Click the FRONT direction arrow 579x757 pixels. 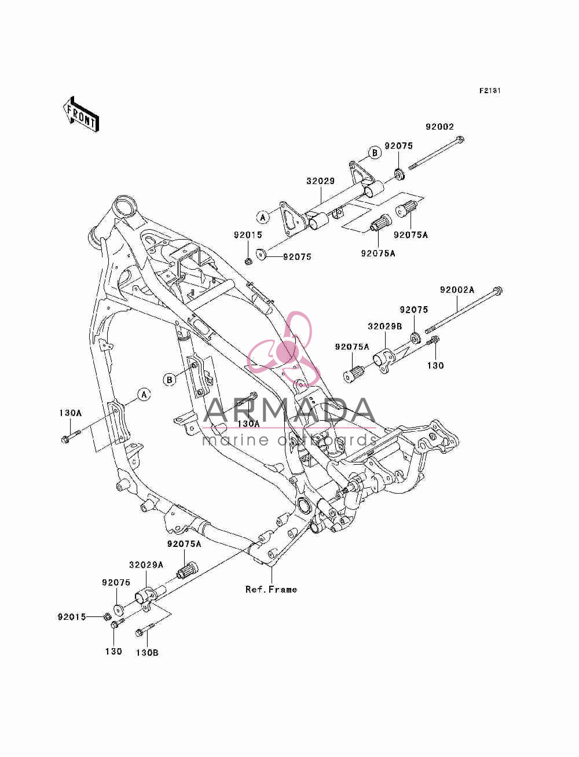(81, 114)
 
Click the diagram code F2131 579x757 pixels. (490, 91)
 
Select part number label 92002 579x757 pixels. (439, 127)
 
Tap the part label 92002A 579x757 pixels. (457, 290)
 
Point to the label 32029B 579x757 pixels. (385, 326)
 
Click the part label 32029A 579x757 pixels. (146, 565)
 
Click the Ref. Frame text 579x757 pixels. (271, 589)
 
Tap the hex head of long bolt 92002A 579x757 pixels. (497, 291)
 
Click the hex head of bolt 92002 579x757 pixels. (460, 140)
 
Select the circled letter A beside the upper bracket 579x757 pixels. (263, 217)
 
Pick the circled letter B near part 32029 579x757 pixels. (375, 152)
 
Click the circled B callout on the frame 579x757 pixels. (170, 380)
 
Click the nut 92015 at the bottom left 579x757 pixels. (107, 616)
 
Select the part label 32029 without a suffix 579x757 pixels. (321, 181)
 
